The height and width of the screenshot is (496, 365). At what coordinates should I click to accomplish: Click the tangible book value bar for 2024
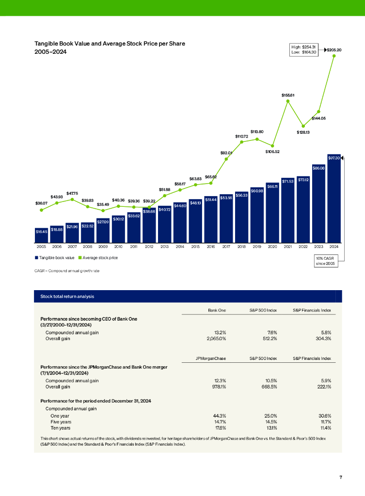[334, 199]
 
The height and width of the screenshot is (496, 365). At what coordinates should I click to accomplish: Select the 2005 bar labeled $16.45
[42, 235]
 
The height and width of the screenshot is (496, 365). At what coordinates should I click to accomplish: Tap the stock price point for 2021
[288, 101]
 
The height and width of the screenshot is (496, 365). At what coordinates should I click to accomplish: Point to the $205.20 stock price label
[334, 49]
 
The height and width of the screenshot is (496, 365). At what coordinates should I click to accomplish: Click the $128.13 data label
[303, 132]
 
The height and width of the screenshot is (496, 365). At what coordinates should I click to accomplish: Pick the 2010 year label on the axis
[118, 247]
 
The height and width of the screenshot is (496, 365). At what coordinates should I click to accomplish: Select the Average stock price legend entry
[100, 258]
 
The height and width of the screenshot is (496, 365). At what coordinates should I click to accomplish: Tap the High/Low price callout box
[303, 49]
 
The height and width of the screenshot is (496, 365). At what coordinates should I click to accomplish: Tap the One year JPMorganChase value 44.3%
[221, 416]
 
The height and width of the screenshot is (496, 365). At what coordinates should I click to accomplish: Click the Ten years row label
[61, 428]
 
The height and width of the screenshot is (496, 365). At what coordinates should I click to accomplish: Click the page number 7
[341, 477]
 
